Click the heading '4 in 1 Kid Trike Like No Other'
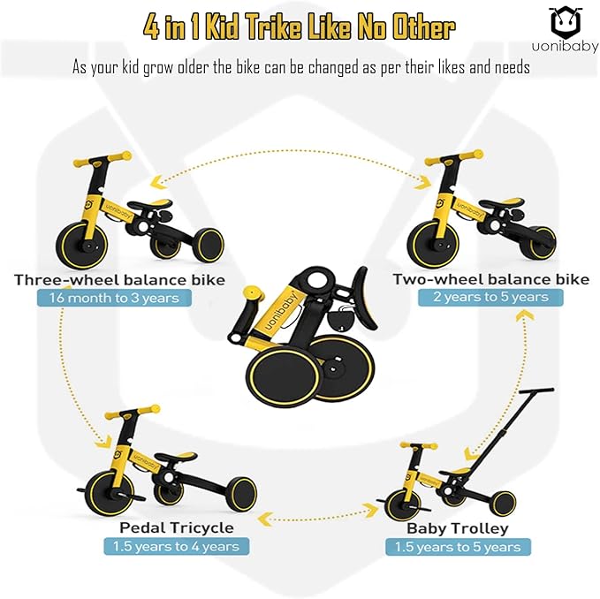click(300, 27)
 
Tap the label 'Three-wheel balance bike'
click(119, 280)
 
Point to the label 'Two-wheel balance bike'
click(490, 279)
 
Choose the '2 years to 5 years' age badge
click(490, 297)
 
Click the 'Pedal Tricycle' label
click(177, 527)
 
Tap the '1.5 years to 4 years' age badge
click(176, 546)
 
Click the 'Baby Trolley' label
click(457, 528)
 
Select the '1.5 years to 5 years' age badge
click(458, 547)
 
